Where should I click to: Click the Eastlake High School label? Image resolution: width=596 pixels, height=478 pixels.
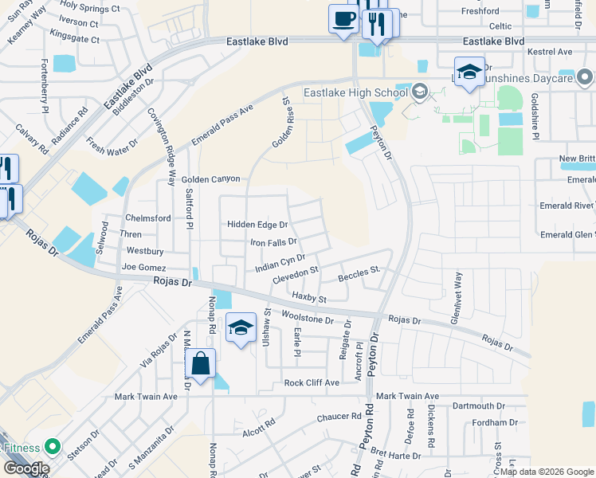(x=355, y=92)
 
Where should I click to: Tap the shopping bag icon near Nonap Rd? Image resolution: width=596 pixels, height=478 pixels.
(x=202, y=365)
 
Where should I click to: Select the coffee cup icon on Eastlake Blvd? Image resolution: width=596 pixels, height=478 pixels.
(x=343, y=18)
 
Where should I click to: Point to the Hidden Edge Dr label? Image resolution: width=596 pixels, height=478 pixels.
(x=257, y=225)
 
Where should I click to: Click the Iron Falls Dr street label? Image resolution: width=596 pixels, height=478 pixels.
(x=273, y=242)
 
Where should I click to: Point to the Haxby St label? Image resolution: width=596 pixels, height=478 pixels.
(x=309, y=298)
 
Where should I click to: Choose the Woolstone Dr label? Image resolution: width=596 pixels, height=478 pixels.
(x=308, y=318)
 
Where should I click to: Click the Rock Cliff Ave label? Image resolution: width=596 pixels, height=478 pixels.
(x=312, y=382)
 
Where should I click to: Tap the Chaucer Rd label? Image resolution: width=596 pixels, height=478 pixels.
(x=339, y=417)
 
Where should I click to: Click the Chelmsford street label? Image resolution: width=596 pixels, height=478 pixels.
(x=148, y=218)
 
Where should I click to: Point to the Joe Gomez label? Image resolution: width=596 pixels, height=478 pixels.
(x=144, y=268)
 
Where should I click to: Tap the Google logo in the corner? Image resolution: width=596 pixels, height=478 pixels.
(x=26, y=468)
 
